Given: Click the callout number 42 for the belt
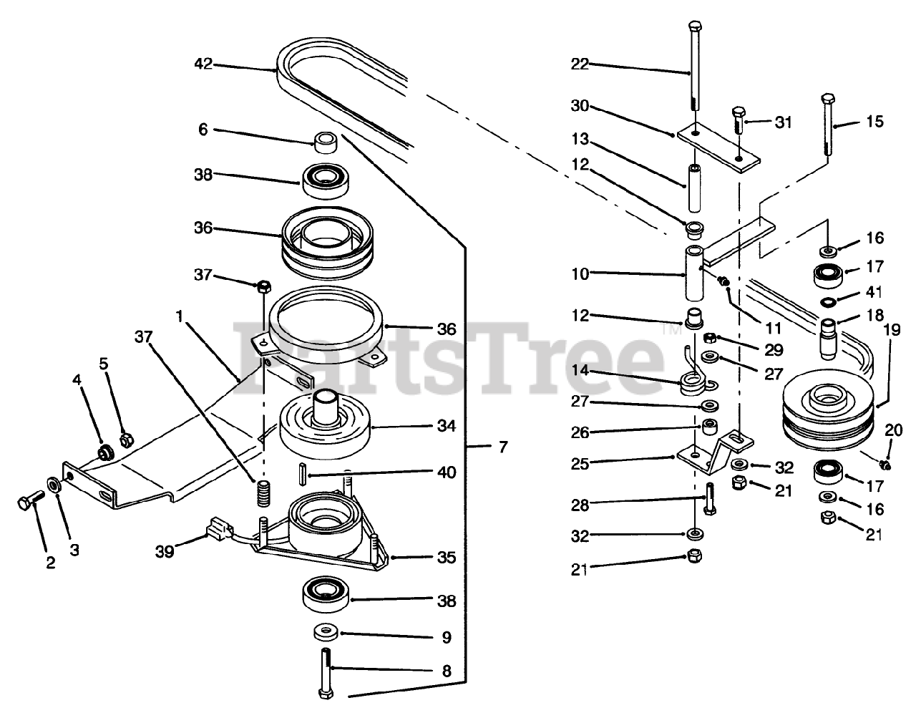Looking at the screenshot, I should [x=203, y=64].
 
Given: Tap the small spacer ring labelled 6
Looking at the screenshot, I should [x=325, y=141].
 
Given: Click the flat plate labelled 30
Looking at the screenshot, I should [x=718, y=145].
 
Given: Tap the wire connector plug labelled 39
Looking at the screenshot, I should [x=217, y=530].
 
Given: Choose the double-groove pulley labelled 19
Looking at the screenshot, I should [x=827, y=412].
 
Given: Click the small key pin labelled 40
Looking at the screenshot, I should [x=302, y=475].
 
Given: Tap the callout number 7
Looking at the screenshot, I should [x=503, y=447].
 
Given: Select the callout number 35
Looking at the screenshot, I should [x=447, y=557].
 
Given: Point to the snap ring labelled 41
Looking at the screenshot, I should [x=828, y=300].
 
